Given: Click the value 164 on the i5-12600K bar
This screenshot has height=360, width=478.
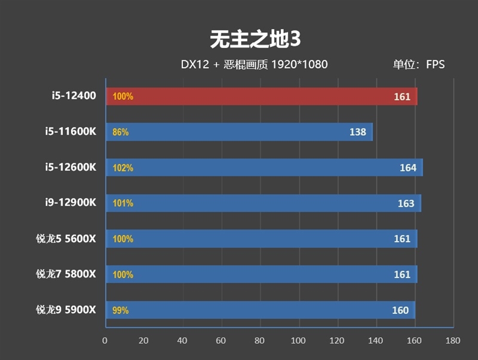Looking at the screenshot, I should pyautogui.click(x=408, y=168).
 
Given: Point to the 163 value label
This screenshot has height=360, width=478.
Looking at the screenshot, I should pyautogui.click(x=406, y=203).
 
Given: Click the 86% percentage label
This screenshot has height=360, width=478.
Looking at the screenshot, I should pyautogui.click(x=121, y=132).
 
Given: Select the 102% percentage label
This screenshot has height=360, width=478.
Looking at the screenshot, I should pyautogui.click(x=122, y=168).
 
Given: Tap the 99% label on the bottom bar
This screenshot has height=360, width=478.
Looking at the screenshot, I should pyautogui.click(x=121, y=310).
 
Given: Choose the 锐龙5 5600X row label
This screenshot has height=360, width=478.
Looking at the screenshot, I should pyautogui.click(x=66, y=239).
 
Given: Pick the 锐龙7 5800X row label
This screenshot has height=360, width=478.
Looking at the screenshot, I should pyautogui.click(x=66, y=274).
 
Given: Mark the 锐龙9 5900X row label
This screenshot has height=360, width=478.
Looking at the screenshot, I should pyautogui.click(x=66, y=310).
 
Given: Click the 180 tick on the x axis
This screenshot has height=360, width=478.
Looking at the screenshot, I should pyautogui.click(x=453, y=341).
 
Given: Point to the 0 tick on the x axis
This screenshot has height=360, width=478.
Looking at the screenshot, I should pyautogui.click(x=105, y=341).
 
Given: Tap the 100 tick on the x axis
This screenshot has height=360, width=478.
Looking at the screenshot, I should pyautogui.click(x=298, y=341).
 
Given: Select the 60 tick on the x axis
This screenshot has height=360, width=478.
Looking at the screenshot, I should pyautogui.click(x=220, y=341).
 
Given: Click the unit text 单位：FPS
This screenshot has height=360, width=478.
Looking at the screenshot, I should pyautogui.click(x=419, y=65).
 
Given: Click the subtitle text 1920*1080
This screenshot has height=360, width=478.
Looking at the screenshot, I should pyautogui.click(x=299, y=65).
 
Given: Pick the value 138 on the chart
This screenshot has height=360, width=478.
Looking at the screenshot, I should pyautogui.click(x=357, y=132).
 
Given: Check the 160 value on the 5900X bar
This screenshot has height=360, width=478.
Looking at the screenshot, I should pyautogui.click(x=400, y=310).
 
